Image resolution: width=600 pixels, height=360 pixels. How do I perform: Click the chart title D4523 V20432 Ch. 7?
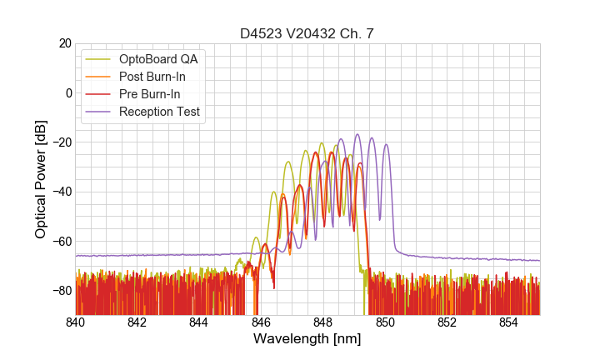tap(307, 33)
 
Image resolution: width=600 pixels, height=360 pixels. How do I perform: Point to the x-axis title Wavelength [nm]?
tap(307, 339)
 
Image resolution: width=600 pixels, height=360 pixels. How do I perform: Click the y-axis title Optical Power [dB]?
tap(41, 178)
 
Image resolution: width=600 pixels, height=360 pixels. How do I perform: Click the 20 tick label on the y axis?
tap(64, 43)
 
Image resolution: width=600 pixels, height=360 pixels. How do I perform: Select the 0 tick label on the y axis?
tap(67, 92)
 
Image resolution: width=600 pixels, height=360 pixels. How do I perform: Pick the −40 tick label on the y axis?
tap(61, 192)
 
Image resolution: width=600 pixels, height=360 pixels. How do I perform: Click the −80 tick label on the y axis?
tap(61, 290)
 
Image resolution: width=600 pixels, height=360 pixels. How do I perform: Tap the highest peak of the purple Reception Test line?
tap(357, 134)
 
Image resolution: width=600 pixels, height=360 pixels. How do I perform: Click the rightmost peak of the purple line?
tap(386, 144)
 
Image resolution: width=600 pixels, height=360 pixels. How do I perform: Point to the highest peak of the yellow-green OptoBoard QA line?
tap(321, 143)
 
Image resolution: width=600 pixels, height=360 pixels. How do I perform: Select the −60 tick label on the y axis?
tap(61, 241)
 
